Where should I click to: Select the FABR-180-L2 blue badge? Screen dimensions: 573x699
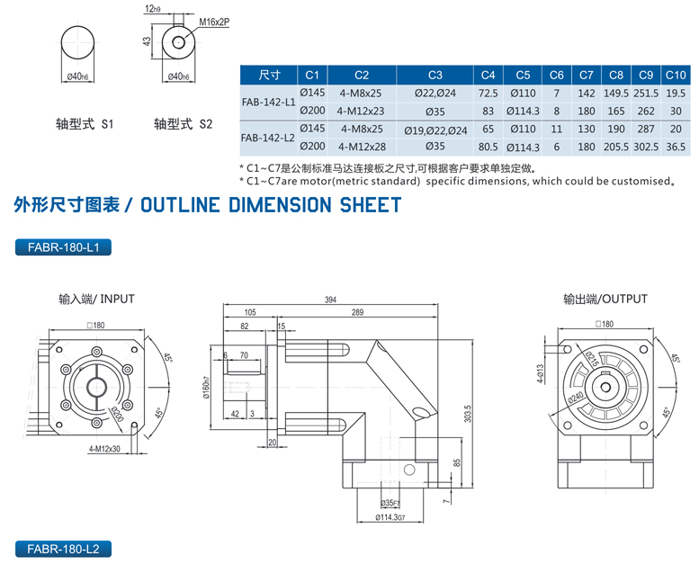coord(62,548)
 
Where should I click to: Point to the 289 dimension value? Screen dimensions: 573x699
coord(358,312)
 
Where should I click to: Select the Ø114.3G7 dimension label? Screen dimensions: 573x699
coord(390,516)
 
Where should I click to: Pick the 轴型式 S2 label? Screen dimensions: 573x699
coord(183,125)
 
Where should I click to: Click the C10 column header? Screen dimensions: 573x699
coord(675,75)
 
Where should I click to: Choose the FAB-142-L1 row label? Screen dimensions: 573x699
coord(268,102)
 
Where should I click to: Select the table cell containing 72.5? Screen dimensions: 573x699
coord(488,93)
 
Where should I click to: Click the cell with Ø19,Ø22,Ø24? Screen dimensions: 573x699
coord(435,130)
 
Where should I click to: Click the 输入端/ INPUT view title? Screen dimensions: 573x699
coord(96,299)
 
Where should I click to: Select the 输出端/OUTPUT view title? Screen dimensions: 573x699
coord(605,299)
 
